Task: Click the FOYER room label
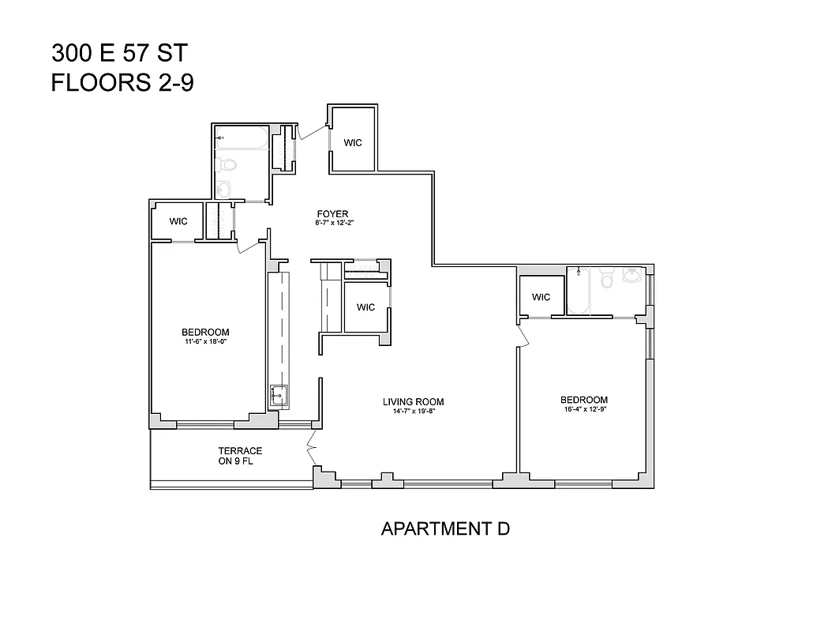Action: (x=332, y=213)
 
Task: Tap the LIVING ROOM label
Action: (x=414, y=401)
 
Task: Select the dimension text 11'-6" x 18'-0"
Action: (x=205, y=342)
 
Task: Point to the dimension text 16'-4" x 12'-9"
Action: (x=584, y=410)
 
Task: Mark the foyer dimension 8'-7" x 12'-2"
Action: (x=332, y=224)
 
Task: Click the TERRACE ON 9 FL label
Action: (x=240, y=457)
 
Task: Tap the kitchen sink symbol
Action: (x=279, y=395)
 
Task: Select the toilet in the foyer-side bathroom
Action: (x=228, y=164)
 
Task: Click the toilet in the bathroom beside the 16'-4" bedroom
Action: (x=606, y=279)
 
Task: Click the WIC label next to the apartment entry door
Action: (x=352, y=143)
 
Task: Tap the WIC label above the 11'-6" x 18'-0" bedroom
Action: (x=178, y=221)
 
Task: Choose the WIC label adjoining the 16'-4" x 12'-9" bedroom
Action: (x=541, y=297)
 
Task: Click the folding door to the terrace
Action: (x=312, y=451)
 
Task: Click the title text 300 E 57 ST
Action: (x=119, y=54)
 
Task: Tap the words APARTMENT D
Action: (x=445, y=529)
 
